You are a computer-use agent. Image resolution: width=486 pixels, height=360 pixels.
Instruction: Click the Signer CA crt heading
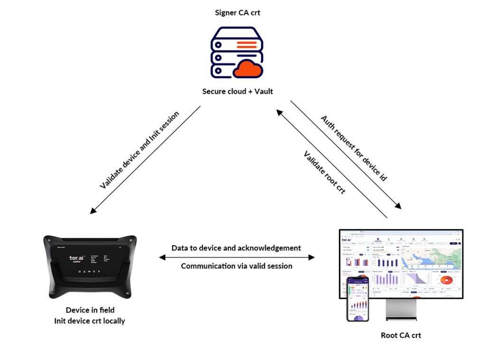[x=237, y=13]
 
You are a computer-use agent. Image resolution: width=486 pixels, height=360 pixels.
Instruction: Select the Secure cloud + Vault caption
[x=237, y=91]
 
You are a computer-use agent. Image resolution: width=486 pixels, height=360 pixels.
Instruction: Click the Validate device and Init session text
[x=140, y=150]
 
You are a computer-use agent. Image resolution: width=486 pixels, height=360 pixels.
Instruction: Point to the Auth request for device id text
[x=354, y=148]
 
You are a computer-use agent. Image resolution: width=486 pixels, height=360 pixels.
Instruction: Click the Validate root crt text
[x=324, y=173]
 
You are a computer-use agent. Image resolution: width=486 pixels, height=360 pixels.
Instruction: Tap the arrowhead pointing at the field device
[x=92, y=212]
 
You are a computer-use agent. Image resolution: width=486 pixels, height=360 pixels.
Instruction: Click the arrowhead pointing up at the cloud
[x=279, y=112]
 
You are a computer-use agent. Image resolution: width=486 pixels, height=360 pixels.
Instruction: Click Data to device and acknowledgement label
[x=236, y=248]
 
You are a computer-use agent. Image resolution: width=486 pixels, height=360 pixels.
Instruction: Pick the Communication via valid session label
[x=236, y=266]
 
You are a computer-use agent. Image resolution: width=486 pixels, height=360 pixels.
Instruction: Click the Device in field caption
[x=90, y=310]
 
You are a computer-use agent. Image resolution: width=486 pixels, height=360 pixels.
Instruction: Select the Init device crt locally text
[x=90, y=321]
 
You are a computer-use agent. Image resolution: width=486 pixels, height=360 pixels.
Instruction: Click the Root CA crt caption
[x=401, y=335]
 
